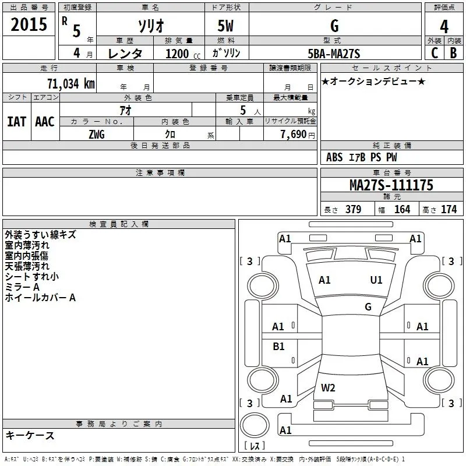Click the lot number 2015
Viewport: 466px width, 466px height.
29,25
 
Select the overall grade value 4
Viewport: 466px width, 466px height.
444,26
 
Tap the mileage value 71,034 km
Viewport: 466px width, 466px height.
70,83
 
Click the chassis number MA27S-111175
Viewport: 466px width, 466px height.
391,185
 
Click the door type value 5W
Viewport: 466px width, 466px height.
226,26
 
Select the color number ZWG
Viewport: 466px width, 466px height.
97,133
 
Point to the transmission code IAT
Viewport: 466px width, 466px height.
16,122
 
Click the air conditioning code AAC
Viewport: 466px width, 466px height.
45,122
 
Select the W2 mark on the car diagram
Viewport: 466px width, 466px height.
328,387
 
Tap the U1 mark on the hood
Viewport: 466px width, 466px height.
376,280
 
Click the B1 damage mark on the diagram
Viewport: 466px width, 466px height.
279,347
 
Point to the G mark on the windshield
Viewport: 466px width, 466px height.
368,306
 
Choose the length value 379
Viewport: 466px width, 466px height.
352,209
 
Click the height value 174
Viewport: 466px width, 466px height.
449,209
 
